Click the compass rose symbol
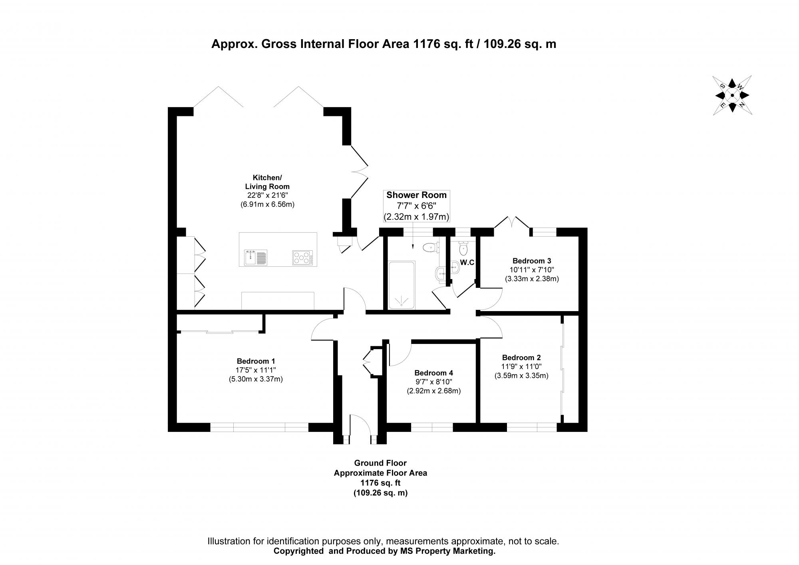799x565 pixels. click(x=731, y=95)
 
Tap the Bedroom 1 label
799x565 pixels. click(x=256, y=361)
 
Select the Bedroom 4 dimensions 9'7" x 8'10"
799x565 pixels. click(x=433, y=382)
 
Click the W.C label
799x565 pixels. click(x=467, y=262)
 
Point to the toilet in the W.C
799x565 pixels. click(x=463, y=248)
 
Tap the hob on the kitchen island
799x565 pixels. click(x=302, y=258)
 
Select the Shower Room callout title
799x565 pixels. click(x=416, y=195)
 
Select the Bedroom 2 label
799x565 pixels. click(x=521, y=357)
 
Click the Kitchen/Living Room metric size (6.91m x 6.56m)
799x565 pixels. click(x=267, y=204)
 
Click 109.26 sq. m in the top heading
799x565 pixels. click(x=520, y=44)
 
